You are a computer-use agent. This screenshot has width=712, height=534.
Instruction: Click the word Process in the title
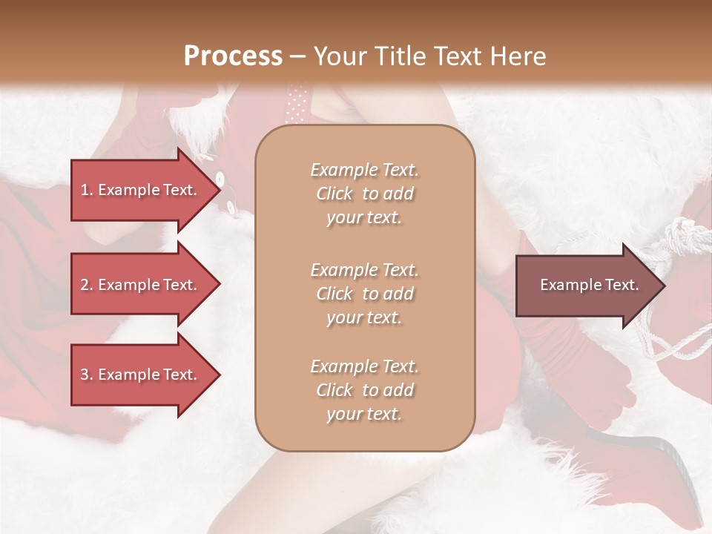233,56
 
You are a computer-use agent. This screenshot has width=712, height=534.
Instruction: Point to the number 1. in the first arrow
87,190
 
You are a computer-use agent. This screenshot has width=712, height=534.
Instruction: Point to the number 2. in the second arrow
87,285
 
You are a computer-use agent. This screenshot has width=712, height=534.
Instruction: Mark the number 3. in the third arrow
87,375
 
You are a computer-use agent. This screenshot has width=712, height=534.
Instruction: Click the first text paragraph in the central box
364,194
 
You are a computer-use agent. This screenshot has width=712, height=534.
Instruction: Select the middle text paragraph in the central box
364,294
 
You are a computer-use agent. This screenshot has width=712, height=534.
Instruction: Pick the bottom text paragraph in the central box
364,390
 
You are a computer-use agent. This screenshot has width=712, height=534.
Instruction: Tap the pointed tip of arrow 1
219,190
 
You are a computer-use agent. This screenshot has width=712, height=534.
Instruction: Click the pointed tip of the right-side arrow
664,286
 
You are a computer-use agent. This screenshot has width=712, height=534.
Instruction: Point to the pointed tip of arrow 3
219,375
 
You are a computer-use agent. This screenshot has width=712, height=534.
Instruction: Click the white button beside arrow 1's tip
220,178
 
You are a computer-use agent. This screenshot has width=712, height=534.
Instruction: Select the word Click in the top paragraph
334,194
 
